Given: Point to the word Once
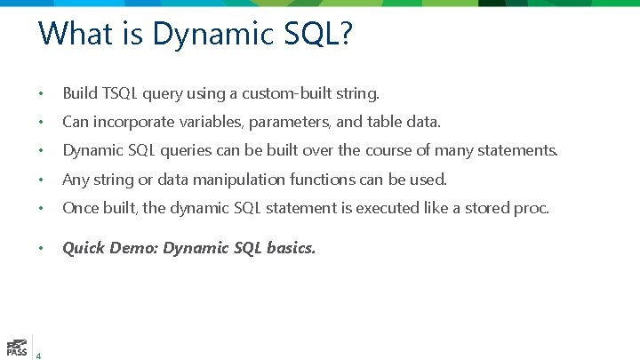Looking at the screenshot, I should click(79, 209).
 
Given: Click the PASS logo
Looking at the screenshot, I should click(16, 347).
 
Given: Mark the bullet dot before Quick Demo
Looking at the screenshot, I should click(41, 249).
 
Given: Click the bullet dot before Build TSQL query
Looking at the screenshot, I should click(41, 93).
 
